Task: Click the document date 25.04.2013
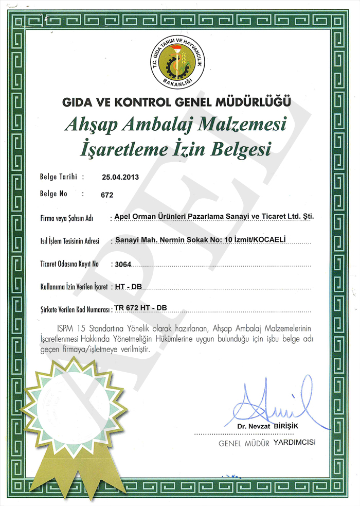point(120,177)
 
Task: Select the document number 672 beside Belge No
point(107,195)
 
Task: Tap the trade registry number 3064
point(124,264)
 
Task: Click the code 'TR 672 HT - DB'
point(141,308)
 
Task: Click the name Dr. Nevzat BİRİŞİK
point(267,427)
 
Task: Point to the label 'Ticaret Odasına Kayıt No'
point(69,264)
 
